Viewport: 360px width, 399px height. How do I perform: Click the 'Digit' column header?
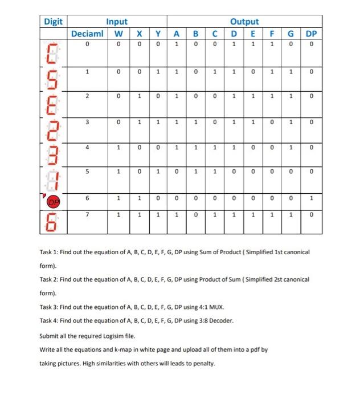55,22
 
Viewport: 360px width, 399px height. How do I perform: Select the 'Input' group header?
117,22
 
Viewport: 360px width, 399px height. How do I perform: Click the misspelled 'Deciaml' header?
87,33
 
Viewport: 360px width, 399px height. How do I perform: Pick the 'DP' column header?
310,33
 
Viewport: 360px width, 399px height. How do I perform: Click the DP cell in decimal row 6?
310,199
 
